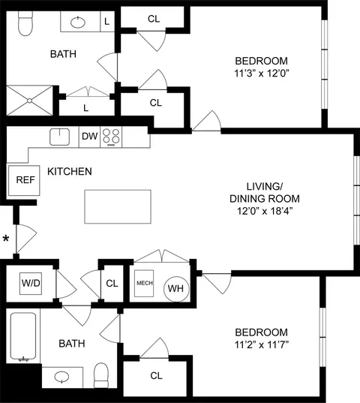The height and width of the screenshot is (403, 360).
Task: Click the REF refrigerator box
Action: pyautogui.click(x=24, y=180)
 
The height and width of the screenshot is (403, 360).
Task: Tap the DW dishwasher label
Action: pyautogui.click(x=89, y=136)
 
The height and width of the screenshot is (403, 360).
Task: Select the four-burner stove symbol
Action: pyautogui.click(x=111, y=137)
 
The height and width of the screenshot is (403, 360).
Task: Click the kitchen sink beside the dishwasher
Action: pyautogui.click(x=59, y=137)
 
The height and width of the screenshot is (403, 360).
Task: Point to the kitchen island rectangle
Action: pyautogui.click(x=118, y=206)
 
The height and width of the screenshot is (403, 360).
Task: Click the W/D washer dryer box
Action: pyautogui.click(x=31, y=283)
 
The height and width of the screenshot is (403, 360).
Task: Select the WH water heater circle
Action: pyautogui.click(x=176, y=289)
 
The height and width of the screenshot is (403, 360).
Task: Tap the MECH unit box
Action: pyautogui.click(x=144, y=283)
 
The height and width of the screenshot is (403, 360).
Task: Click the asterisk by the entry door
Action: pyautogui.click(x=6, y=239)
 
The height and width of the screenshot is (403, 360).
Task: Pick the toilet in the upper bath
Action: pyautogui.click(x=25, y=23)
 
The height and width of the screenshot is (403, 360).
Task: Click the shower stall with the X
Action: pyautogui.click(x=29, y=101)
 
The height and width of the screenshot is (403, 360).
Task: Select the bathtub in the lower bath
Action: pyautogui.click(x=23, y=337)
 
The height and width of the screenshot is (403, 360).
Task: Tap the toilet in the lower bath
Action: pyautogui.click(x=101, y=375)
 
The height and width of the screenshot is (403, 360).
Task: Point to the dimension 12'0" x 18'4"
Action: pyautogui.click(x=265, y=212)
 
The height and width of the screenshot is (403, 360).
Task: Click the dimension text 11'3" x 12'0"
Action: pyautogui.click(x=262, y=74)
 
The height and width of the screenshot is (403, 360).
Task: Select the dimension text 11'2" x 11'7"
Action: pyautogui.click(x=262, y=344)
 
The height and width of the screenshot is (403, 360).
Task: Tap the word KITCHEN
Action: pyautogui.click(x=70, y=171)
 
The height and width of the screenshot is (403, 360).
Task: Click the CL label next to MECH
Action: pyautogui.click(x=112, y=284)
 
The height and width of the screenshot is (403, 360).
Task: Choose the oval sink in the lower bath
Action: pyautogui.click(x=62, y=377)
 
